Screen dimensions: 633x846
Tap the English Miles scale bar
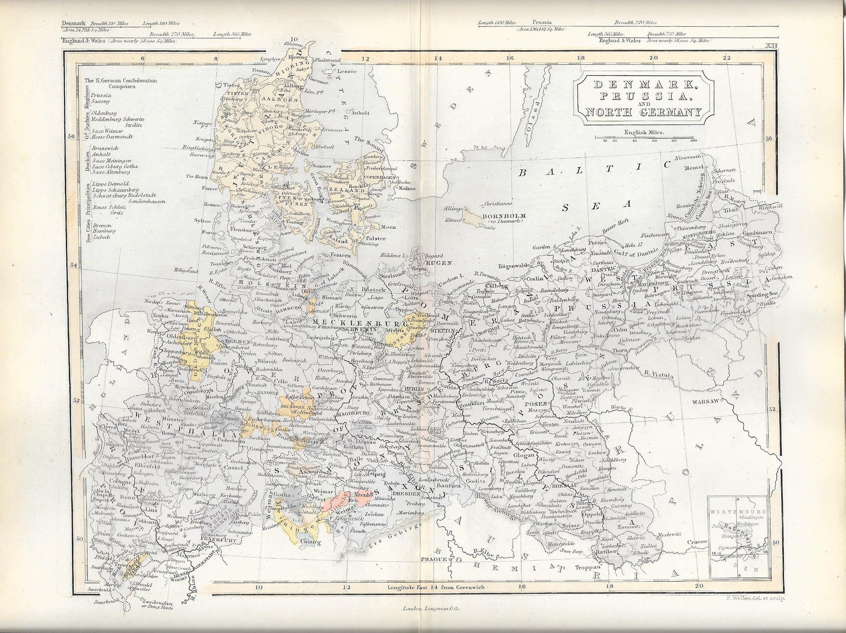[x=643, y=138]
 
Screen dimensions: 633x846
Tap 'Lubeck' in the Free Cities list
[x=102, y=237]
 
